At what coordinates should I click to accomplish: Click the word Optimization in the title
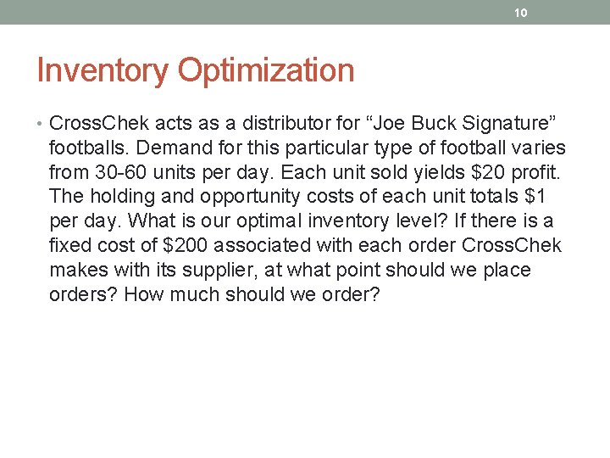pyautogui.click(x=265, y=70)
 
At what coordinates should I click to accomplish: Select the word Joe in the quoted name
pyautogui.click(x=371, y=124)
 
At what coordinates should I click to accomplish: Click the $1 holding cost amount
pyautogui.click(x=557, y=197)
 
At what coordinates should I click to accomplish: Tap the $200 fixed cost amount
pyautogui.click(x=187, y=246)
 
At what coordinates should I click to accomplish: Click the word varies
pyautogui.click(x=540, y=148)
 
